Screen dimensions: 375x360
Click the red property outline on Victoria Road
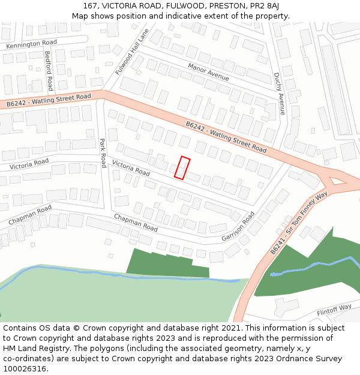click(x=182, y=167)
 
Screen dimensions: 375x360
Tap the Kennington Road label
click(x=32, y=44)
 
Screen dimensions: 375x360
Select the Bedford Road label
click(x=49, y=70)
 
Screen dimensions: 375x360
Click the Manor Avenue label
click(x=208, y=72)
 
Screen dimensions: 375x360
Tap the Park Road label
click(x=103, y=153)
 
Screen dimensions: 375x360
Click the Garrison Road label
click(x=238, y=226)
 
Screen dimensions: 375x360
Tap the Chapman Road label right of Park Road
click(x=136, y=223)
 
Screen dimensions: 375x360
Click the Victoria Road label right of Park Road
click(x=131, y=168)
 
